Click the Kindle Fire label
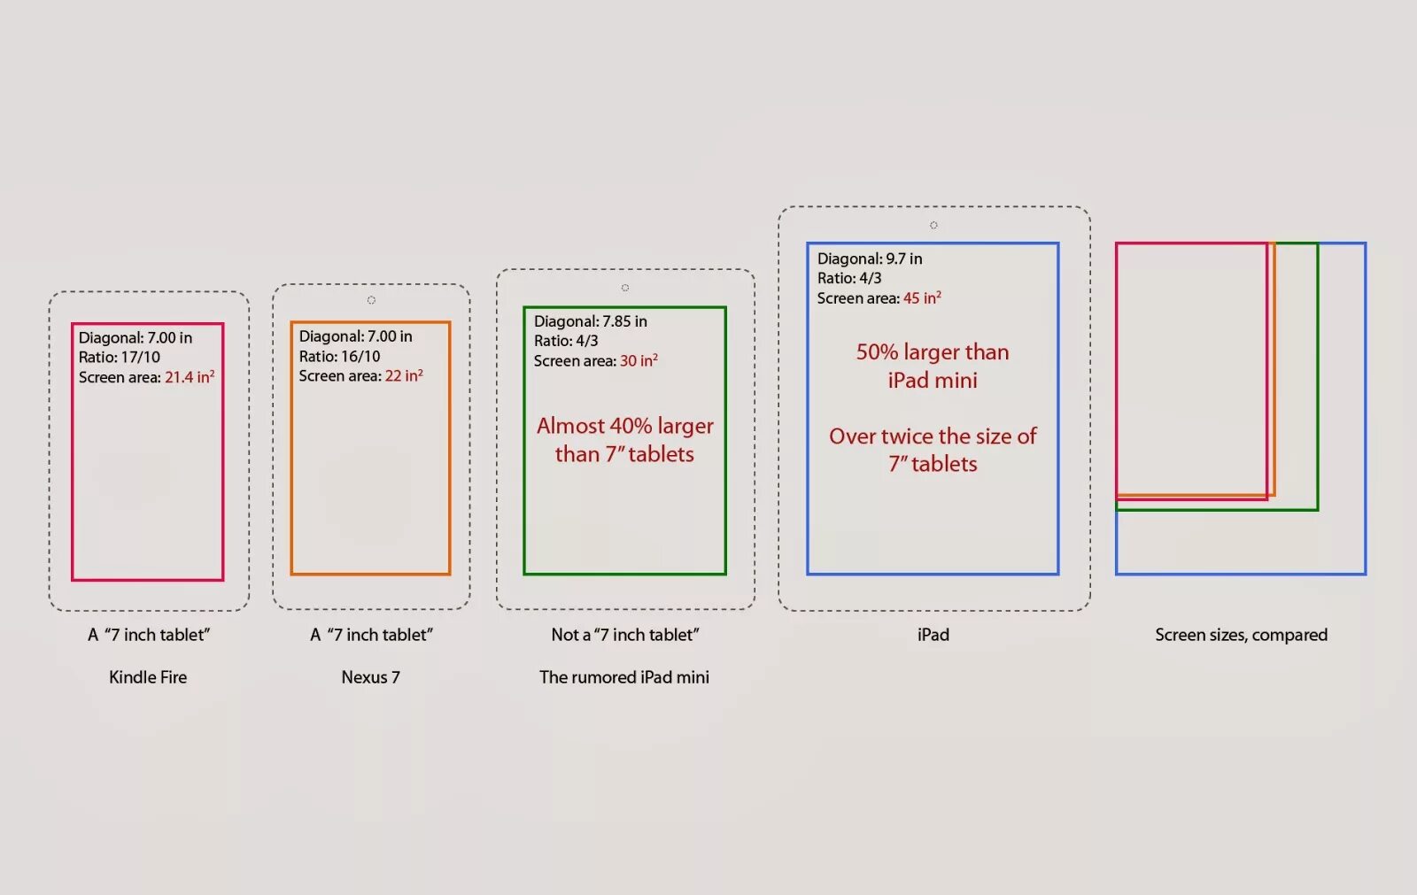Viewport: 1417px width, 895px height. pos(148,677)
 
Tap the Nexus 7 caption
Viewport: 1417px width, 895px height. pos(370,677)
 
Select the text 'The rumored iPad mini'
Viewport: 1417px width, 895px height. pos(623,677)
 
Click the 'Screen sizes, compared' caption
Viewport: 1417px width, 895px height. pos(1241,635)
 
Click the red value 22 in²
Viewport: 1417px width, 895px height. pos(404,376)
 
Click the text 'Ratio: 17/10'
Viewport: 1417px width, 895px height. pos(120,358)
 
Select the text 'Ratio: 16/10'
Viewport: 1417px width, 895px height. pos(339,357)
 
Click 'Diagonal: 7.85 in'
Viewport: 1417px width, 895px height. pos(590,321)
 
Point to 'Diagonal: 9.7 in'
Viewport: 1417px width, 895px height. pos(869,258)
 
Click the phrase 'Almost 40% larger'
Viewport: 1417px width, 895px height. pos(624,426)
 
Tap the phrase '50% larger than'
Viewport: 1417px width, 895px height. pos(933,352)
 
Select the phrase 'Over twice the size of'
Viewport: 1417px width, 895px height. pos(933,436)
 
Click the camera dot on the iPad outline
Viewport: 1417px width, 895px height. pos(933,226)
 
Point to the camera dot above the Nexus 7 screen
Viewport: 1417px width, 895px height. pos(371,300)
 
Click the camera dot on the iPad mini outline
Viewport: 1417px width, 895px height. pos(625,288)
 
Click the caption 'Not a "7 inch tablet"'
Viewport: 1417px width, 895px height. pos(624,635)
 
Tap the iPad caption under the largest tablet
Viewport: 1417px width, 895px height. pos(933,635)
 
